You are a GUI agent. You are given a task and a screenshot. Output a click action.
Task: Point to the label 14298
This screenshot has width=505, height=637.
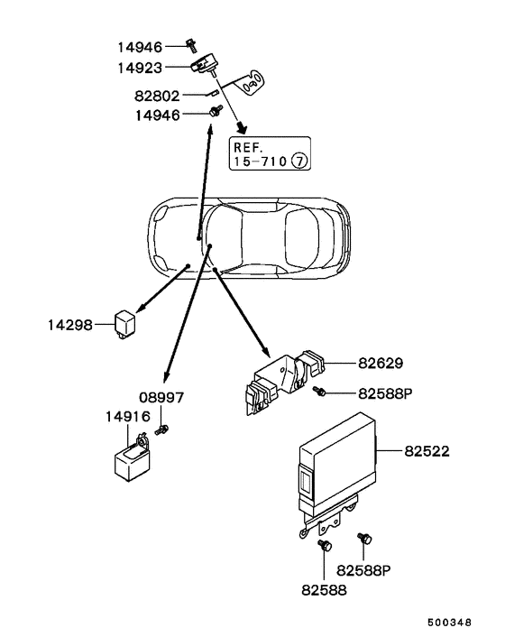(x=69, y=323)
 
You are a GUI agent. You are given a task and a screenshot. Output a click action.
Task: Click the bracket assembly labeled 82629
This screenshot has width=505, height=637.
(x=280, y=383)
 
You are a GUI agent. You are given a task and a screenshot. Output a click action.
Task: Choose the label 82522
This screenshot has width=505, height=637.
(x=428, y=448)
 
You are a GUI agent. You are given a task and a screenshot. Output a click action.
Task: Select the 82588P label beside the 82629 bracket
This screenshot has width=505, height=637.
(x=387, y=393)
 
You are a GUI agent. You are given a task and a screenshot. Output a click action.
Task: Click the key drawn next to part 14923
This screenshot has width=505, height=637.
(x=250, y=84)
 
